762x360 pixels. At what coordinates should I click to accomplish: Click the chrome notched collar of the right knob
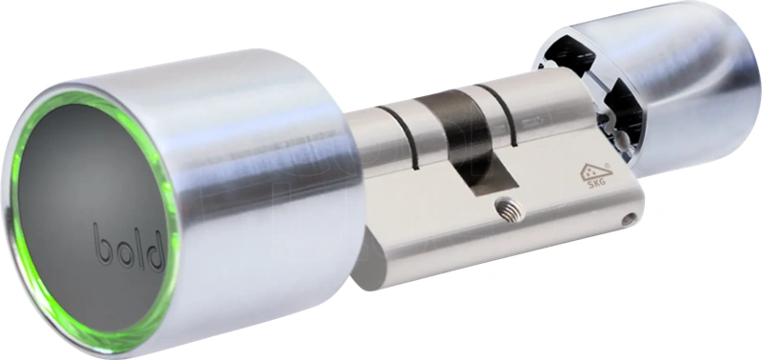click(x=576, y=86)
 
